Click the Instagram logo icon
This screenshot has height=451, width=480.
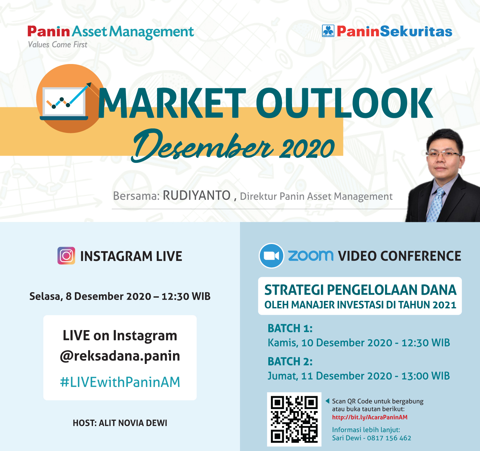coord(66,256)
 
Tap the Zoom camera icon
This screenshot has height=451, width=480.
coord(271,256)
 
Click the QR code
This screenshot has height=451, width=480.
coord(294,419)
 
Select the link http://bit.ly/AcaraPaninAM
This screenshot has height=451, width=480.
coord(369,417)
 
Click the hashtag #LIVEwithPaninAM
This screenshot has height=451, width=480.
coord(120,382)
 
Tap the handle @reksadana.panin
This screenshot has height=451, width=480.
coord(120,356)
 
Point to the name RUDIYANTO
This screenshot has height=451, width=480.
coord(196,195)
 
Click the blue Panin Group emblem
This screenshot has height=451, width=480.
coord(328,31)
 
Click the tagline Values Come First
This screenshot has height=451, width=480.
coord(58,45)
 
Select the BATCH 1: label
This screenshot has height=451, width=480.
coord(290,328)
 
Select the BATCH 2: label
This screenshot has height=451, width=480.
coord(290,361)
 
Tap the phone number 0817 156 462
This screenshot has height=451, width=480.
coord(389,438)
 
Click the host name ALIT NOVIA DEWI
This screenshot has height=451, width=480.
coord(133,423)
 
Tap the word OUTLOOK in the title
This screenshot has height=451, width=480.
coord(344,103)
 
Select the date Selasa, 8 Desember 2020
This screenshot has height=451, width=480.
coord(90,296)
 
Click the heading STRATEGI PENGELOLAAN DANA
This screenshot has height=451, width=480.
coord(360,290)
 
